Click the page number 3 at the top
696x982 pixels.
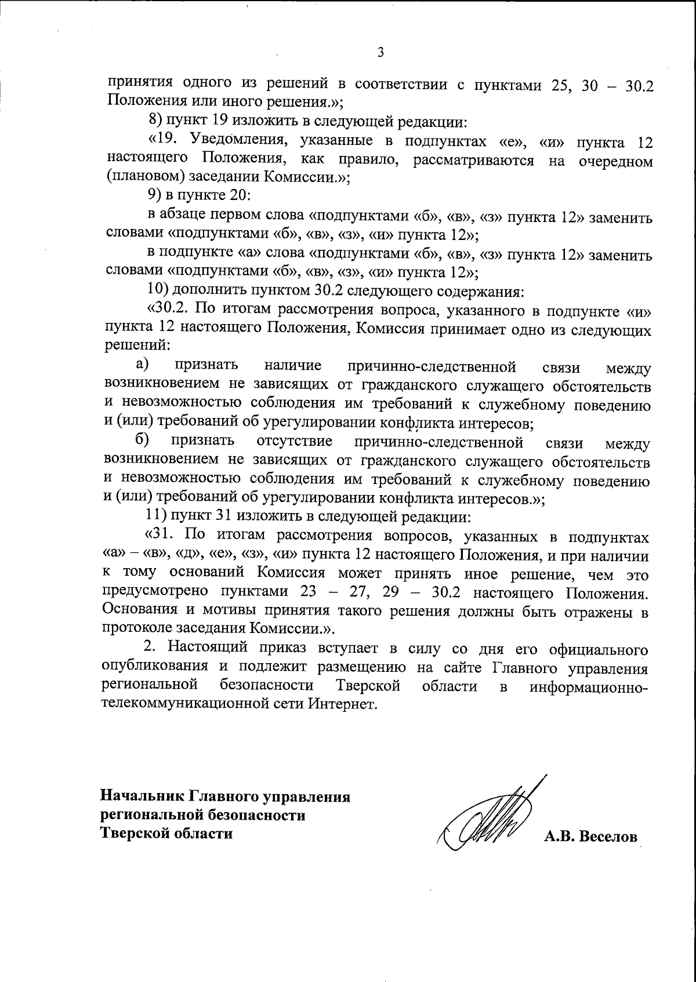coord(380,53)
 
